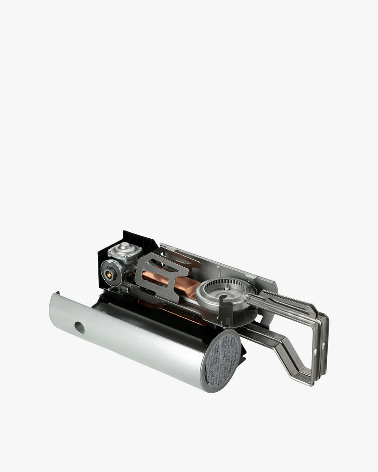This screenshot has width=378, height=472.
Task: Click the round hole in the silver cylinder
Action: point(79,327)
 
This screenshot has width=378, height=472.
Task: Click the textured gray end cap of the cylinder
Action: point(222,360)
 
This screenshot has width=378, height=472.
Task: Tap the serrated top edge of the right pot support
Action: point(286,297)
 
